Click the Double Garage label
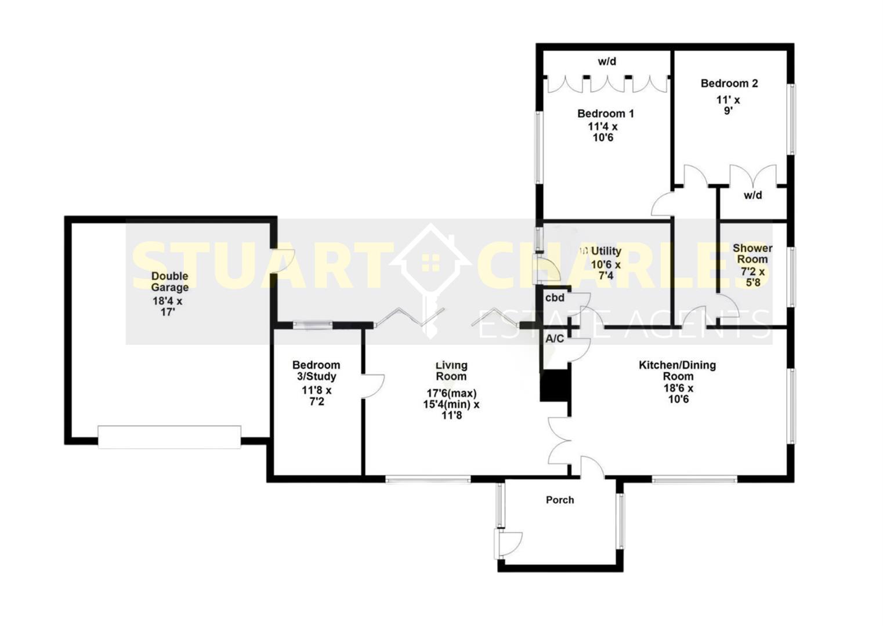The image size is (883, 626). click(x=169, y=282)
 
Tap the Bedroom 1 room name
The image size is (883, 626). click(x=605, y=114)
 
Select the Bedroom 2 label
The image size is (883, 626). click(x=729, y=83)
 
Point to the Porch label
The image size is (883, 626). click(x=560, y=500)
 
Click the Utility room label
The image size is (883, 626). click(x=606, y=252)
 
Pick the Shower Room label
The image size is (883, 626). click(x=752, y=254)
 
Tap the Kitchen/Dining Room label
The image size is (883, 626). click(x=677, y=370)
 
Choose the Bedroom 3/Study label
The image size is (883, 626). click(x=316, y=370)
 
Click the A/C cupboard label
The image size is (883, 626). click(x=554, y=339)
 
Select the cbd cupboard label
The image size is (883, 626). click(x=555, y=298)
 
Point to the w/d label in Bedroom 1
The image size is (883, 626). click(x=607, y=61)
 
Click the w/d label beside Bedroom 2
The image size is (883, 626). click(x=752, y=195)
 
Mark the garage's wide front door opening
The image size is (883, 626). click(x=169, y=437)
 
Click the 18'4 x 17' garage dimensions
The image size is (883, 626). click(x=168, y=307)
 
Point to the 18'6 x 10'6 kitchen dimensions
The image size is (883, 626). click(x=678, y=394)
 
